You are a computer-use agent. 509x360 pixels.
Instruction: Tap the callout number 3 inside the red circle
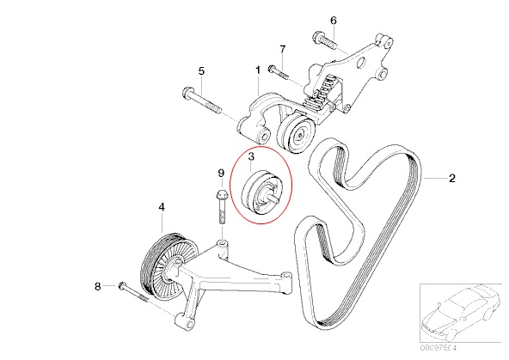[252, 157]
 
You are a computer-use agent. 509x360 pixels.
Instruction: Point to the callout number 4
[160, 207]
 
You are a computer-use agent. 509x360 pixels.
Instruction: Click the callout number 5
[200, 71]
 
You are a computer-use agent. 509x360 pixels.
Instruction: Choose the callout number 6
[334, 20]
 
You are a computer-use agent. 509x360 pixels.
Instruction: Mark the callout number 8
[97, 285]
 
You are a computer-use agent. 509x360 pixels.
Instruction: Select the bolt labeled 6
[326, 40]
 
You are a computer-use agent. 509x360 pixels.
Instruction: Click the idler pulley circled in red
[260, 192]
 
